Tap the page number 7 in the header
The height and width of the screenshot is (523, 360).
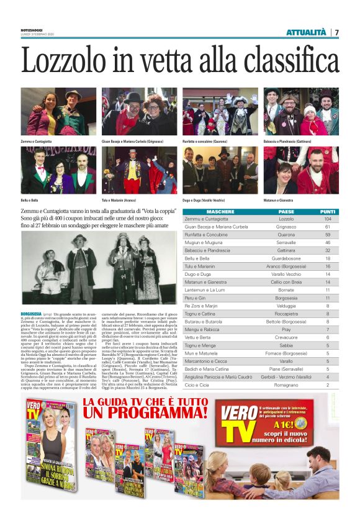tap(336, 32)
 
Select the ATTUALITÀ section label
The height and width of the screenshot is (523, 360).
tap(306, 32)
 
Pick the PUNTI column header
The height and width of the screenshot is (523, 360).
tap(328, 212)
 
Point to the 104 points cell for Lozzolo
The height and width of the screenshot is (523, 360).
tap(328, 219)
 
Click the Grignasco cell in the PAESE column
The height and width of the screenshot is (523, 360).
tap(286, 227)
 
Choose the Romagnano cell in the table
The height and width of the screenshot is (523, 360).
tap(286, 384)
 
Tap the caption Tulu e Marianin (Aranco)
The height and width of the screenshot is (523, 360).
tap(120, 200)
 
